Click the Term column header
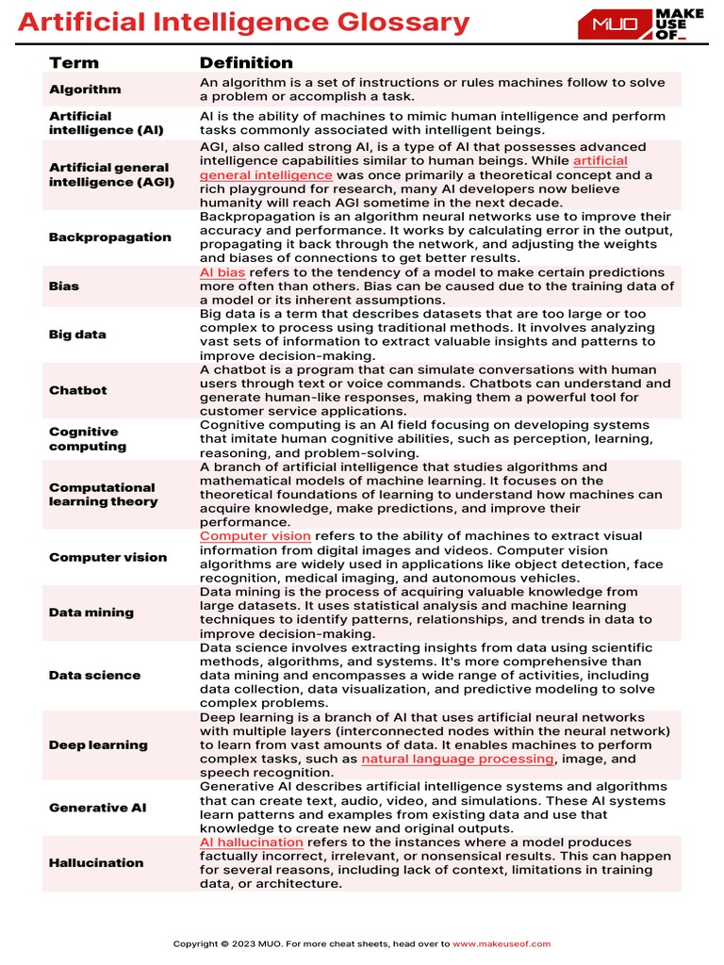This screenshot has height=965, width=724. click(x=74, y=63)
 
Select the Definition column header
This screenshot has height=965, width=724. click(x=246, y=63)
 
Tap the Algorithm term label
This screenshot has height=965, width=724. click(x=85, y=90)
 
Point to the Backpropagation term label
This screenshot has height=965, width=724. click(x=109, y=237)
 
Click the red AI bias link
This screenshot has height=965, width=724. click(x=222, y=272)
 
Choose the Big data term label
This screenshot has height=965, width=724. click(x=77, y=335)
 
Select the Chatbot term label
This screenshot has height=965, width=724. click(x=78, y=390)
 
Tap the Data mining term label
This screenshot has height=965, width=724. click(x=91, y=613)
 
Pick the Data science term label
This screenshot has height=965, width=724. click(x=94, y=676)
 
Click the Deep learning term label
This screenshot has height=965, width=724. click(x=98, y=745)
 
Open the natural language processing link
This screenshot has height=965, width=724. click(x=457, y=759)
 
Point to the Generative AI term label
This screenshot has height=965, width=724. click(x=97, y=808)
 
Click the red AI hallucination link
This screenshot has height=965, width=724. click(x=251, y=842)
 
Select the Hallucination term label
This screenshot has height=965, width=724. click(x=96, y=863)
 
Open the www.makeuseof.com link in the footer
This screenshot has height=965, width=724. click(x=502, y=943)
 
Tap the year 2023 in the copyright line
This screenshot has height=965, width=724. click(x=244, y=943)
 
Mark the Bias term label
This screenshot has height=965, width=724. click(x=64, y=286)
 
